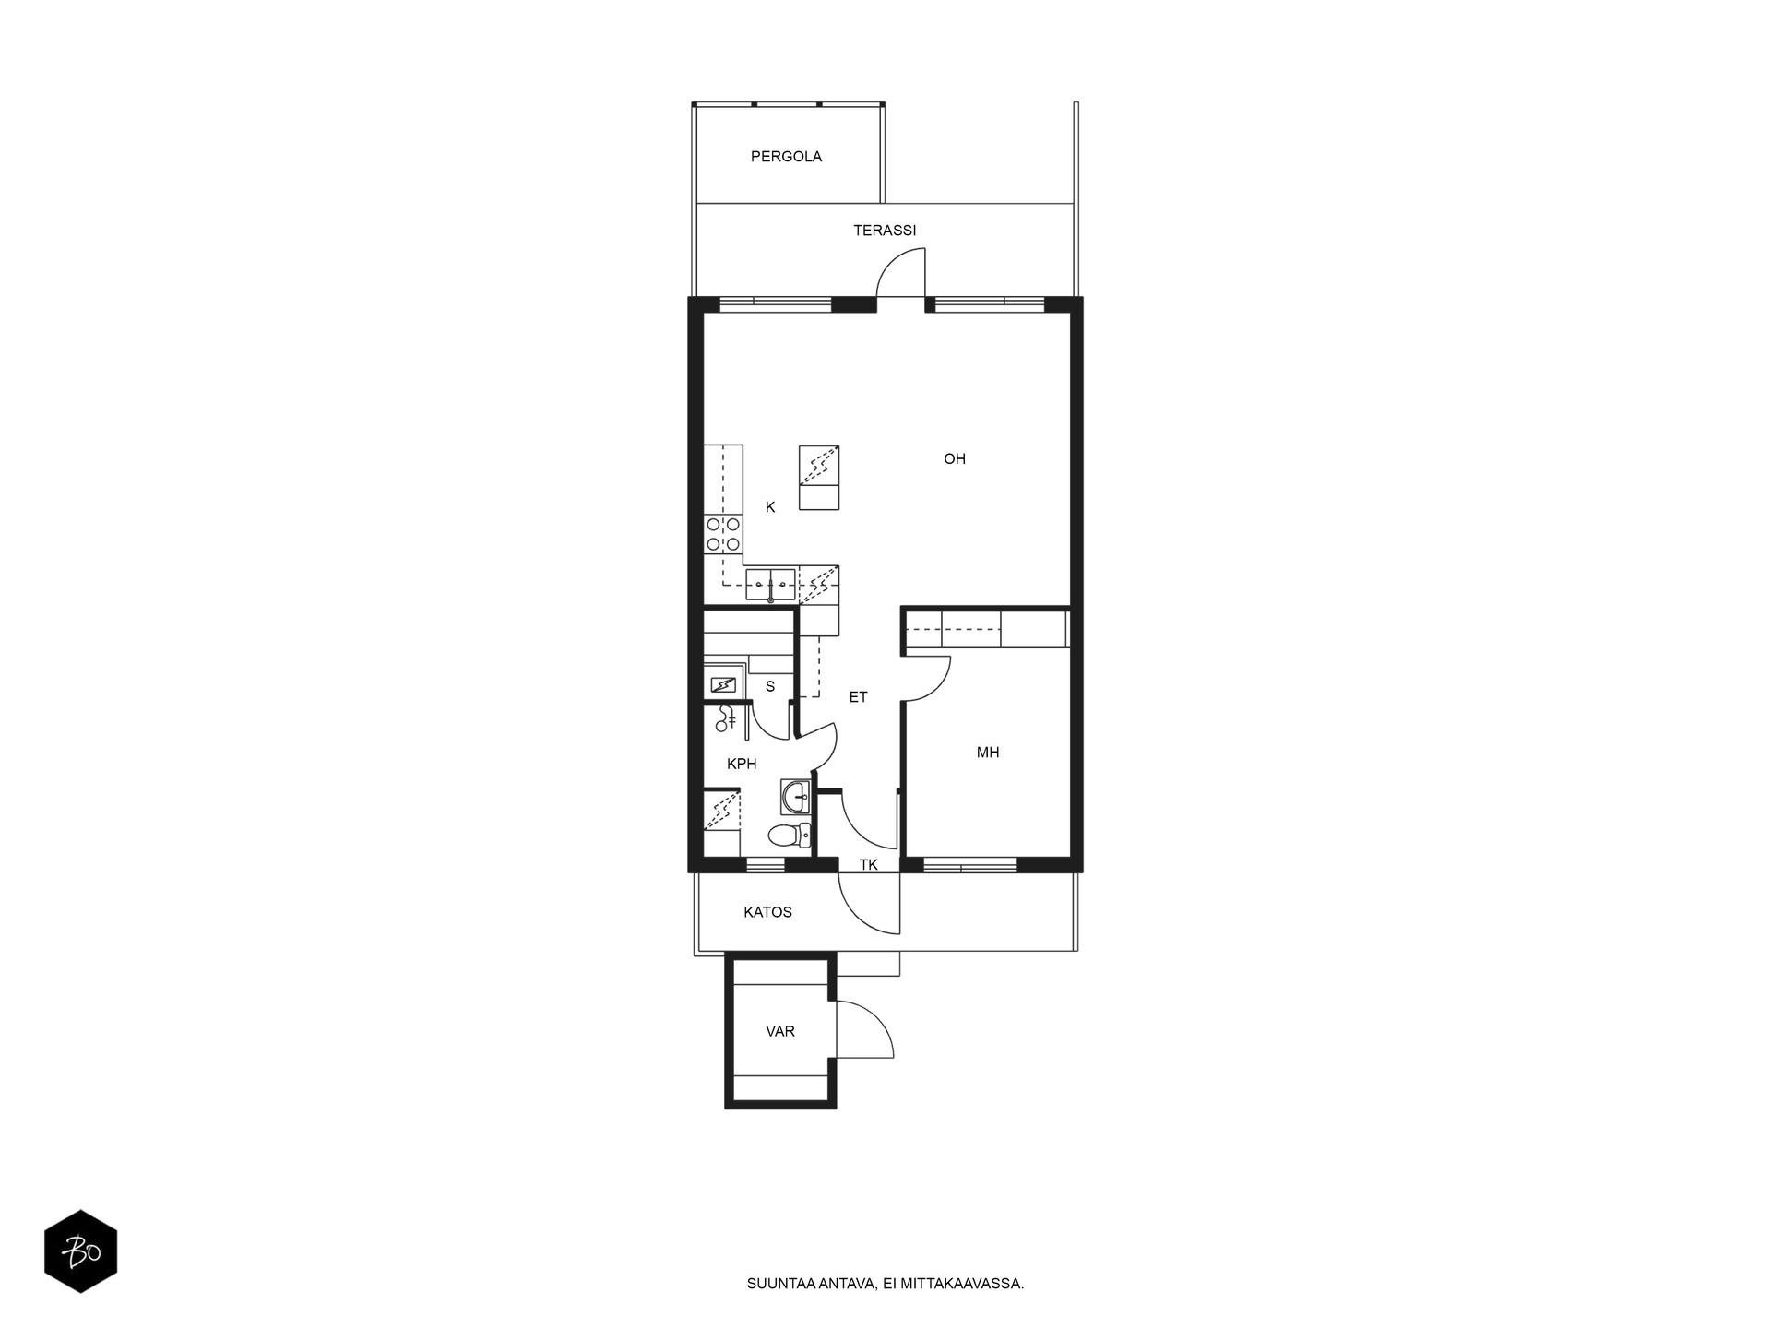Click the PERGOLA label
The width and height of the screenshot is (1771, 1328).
tap(786, 157)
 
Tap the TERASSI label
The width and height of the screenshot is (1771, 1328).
tap(885, 231)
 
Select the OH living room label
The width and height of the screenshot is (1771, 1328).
tap(954, 459)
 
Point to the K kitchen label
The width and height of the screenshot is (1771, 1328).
tap(770, 507)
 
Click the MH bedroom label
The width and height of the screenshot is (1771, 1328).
tap(988, 753)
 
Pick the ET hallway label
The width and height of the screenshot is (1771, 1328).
tap(858, 697)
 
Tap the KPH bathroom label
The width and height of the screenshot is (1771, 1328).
tap(742, 764)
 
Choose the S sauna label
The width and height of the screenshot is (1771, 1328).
tap(770, 687)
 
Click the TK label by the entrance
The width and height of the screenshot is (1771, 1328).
tap(868, 865)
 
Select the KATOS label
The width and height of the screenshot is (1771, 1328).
tap(767, 912)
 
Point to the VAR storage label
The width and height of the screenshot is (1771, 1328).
tap(780, 1031)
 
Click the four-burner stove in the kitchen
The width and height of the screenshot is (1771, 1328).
tap(723, 534)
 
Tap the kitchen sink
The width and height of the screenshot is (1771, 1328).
tap(770, 585)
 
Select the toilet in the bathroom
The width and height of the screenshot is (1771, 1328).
tap(789, 836)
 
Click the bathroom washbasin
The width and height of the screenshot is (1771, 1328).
tap(795, 796)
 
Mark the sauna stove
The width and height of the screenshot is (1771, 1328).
tap(724, 685)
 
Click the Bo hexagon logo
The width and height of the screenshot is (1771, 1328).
tap(81, 1251)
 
